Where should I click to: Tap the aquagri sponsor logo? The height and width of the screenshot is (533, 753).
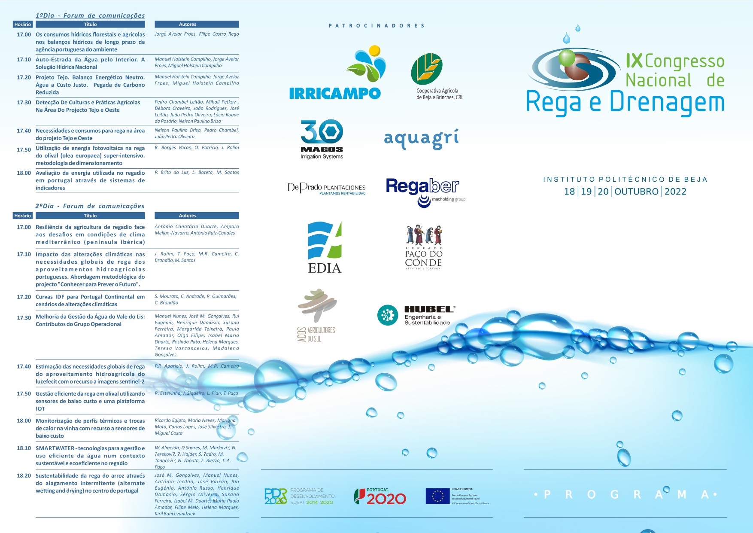(x=421, y=138)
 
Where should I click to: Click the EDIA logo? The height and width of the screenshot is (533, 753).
(x=325, y=248)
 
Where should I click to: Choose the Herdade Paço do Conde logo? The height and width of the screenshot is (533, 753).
(x=424, y=247)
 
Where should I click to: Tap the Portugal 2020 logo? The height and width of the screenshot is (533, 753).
(x=380, y=496)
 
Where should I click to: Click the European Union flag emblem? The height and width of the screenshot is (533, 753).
(x=437, y=496)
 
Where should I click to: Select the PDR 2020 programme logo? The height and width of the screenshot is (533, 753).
(x=299, y=496)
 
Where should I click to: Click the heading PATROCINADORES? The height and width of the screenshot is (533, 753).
(x=376, y=26)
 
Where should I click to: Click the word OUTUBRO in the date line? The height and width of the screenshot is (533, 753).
(x=636, y=192)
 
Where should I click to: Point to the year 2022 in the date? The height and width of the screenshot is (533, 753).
(x=675, y=192)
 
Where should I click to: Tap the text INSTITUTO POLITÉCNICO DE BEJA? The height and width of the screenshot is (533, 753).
(x=625, y=180)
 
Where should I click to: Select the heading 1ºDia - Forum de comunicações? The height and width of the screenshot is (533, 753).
(x=90, y=15)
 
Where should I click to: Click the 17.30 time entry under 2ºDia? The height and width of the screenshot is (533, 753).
(x=24, y=318)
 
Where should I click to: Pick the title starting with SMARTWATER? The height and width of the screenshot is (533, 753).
(x=90, y=456)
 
